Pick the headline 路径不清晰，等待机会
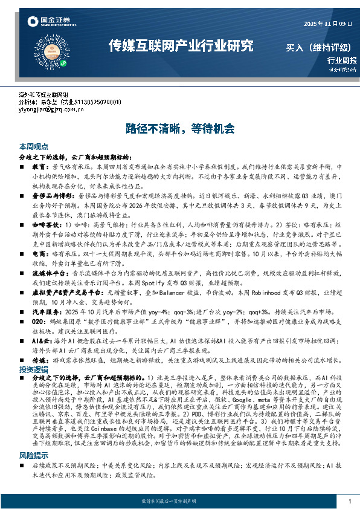[x=180, y=128]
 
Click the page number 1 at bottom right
[x=350, y=501]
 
